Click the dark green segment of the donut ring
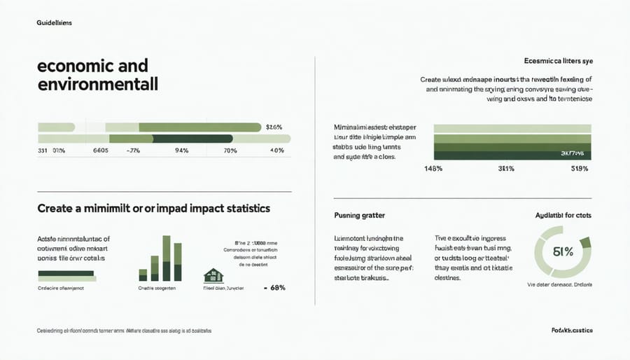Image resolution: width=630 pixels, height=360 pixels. coord(586,242)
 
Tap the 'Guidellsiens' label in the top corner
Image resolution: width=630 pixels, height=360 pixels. coord(54,23)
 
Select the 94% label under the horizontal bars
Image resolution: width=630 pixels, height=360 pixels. coord(183,151)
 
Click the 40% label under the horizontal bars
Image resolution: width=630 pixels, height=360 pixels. coord(276,151)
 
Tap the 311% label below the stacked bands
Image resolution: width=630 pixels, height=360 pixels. coord(506,169)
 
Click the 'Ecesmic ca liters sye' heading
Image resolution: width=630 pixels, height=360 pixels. coord(558,62)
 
